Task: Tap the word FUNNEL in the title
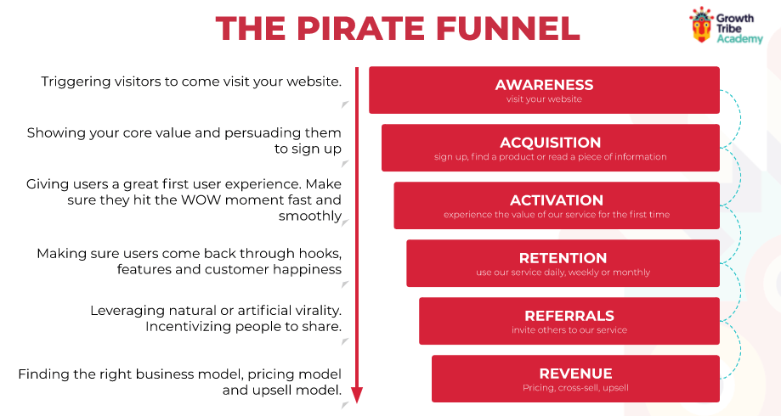508,28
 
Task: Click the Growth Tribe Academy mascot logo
701,25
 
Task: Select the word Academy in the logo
739,39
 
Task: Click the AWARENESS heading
544,85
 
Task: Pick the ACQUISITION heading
551,143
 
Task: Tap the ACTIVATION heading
557,200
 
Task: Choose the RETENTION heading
563,258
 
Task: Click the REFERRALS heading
569,316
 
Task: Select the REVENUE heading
576,374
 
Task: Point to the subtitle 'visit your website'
544,99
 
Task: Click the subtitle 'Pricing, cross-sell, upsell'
575,388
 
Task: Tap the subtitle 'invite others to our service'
569,330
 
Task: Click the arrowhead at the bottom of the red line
357,396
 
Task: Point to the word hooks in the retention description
320,254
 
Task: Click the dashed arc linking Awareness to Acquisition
739,118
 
